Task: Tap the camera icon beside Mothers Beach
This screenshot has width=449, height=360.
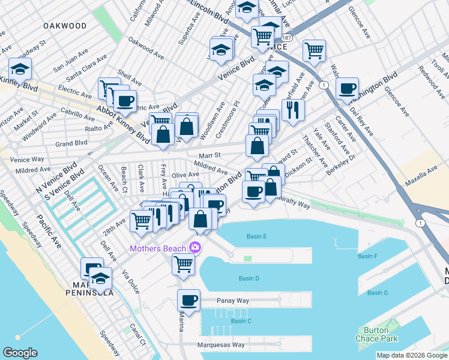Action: coord(194,247)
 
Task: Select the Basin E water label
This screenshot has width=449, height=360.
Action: coord(256,236)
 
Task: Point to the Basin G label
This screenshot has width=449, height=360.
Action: coord(378,293)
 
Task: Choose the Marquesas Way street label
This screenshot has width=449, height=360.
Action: coord(221,345)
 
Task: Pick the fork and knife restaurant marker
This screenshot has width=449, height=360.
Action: coord(293,109)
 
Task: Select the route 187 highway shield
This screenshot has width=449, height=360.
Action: coord(286,37)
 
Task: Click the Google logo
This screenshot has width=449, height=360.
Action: coord(20,353)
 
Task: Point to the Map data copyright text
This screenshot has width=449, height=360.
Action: coord(412,355)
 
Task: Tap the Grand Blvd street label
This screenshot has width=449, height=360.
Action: coord(71,143)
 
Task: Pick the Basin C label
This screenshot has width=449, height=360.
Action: coord(241,321)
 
